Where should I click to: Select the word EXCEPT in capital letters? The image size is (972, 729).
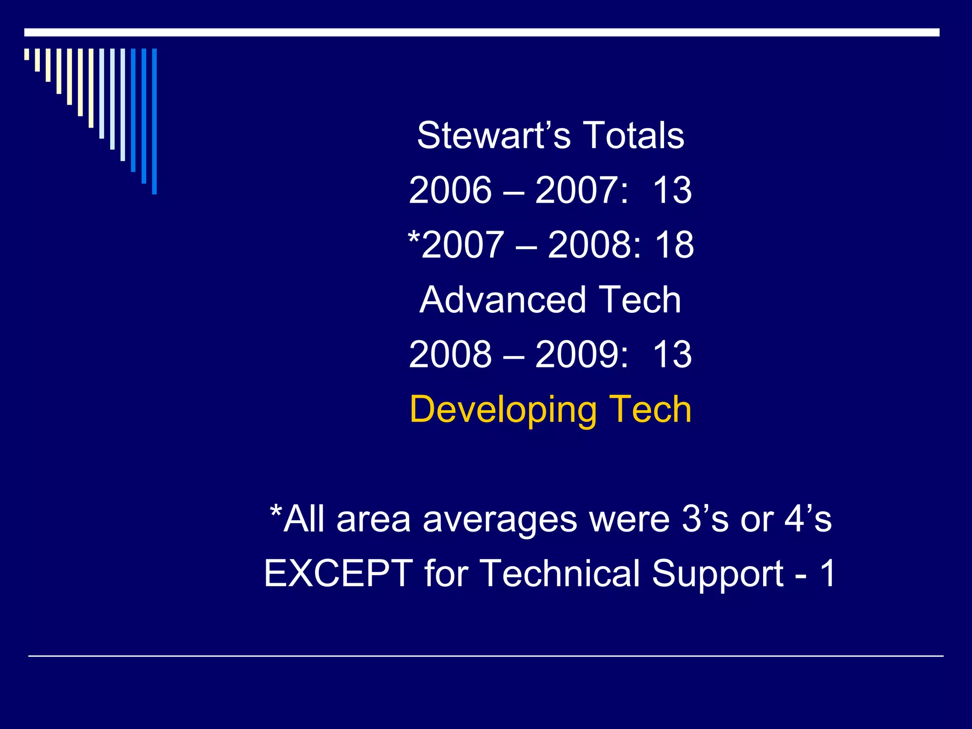338,573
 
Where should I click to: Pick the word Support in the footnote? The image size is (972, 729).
717,573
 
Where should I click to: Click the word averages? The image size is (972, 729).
500,519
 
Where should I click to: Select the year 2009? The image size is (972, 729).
576,355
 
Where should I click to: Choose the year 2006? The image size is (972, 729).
450,190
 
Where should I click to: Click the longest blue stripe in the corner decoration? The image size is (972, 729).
154,121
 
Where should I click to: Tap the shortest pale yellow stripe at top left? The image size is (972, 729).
27,54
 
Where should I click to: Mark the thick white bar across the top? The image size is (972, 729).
482,32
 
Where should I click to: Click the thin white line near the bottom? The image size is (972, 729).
486,656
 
